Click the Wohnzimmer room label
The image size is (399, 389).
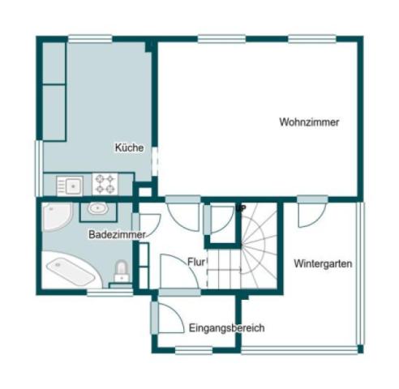tap(309, 122)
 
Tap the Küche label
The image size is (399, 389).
tap(129, 147)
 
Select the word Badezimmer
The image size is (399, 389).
tap(117, 234)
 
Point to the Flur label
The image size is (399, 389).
tap(196, 262)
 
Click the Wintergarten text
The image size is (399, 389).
tap(323, 263)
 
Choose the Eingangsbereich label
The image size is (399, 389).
tap(226, 328)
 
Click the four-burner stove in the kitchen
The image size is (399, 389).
tap(105, 184)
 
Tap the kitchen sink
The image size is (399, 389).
tap(70, 186)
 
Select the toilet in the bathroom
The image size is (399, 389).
tap(122, 271)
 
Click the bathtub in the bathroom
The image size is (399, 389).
tap(71, 271)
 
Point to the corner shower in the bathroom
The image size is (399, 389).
tap(58, 216)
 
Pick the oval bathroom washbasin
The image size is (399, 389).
tap(98, 208)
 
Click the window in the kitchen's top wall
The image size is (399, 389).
tap(90, 39)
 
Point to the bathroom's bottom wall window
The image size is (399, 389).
tap(110, 293)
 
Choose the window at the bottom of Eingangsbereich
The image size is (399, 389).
tap(194, 350)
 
